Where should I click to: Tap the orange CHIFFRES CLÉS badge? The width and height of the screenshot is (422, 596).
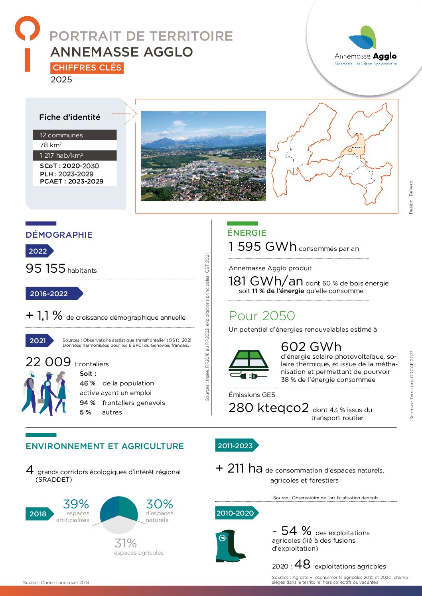click(x=87, y=68)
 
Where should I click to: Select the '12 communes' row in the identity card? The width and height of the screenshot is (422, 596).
click(x=75, y=135)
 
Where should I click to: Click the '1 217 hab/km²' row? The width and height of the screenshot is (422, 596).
click(x=75, y=155)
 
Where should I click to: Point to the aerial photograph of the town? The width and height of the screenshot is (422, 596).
click(x=203, y=156)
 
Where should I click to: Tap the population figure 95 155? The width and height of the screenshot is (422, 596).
click(x=45, y=268)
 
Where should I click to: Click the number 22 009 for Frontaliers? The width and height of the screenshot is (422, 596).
click(x=48, y=362)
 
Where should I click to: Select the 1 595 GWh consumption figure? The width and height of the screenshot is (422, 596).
click(x=262, y=247)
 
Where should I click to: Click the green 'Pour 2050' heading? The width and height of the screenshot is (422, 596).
click(x=262, y=316)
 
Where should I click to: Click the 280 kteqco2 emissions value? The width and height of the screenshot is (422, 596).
click(x=268, y=408)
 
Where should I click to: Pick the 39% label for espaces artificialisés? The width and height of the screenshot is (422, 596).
click(x=76, y=504)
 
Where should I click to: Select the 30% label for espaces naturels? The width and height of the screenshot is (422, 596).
click(x=159, y=504)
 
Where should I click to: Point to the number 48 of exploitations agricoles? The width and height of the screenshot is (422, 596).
click(x=302, y=564)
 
